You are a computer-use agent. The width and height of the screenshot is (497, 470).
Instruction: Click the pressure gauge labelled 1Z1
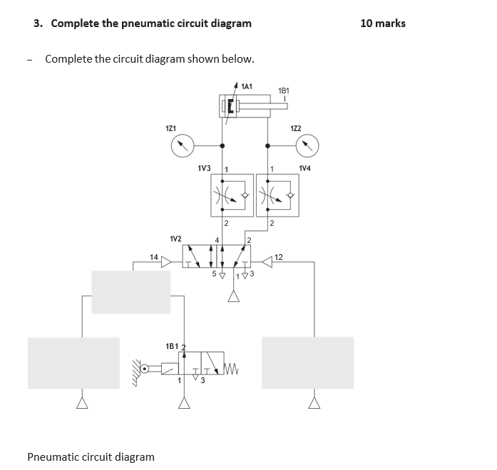tap(183, 147)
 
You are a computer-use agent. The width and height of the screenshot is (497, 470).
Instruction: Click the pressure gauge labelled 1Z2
tap(307, 147)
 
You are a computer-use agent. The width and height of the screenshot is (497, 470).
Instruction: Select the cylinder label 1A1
tap(247, 86)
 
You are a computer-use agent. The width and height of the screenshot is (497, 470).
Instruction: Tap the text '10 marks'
tap(383, 23)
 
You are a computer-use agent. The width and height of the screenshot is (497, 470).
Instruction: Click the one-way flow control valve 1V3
tap(232, 194)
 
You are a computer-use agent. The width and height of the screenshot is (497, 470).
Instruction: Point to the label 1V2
tap(175, 239)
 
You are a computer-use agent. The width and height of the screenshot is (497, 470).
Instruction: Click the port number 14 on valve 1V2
tap(153, 256)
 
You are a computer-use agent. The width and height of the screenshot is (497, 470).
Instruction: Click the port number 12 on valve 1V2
tap(279, 256)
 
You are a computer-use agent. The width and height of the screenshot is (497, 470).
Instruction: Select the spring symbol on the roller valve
tap(235, 369)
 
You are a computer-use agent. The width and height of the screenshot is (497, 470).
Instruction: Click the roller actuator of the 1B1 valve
tap(146, 369)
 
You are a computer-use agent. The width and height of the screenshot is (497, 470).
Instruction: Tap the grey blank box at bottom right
tap(307, 362)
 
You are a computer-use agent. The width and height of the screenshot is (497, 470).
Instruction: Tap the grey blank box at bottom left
tap(73, 362)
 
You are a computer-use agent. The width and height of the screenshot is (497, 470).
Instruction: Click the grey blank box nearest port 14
tap(130, 292)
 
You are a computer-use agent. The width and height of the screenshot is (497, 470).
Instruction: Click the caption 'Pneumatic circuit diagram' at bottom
tap(91, 456)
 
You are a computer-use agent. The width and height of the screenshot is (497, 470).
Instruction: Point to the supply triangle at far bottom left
tap(82, 403)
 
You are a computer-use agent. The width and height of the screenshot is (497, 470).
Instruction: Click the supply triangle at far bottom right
tap(314, 403)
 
